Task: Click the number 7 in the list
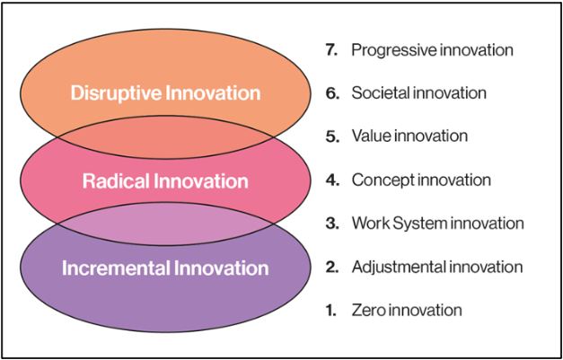pyautogui.click(x=330, y=49)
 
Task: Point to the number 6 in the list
pyautogui.click(x=330, y=93)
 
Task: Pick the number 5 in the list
pyautogui.click(x=330, y=136)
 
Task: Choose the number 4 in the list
pyautogui.click(x=330, y=180)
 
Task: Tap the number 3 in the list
pyautogui.click(x=330, y=224)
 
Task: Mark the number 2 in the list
pyautogui.click(x=330, y=267)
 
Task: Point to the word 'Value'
pyautogui.click(x=369, y=136)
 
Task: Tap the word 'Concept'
pyautogui.click(x=381, y=180)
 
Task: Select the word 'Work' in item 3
pyautogui.click(x=369, y=224)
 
